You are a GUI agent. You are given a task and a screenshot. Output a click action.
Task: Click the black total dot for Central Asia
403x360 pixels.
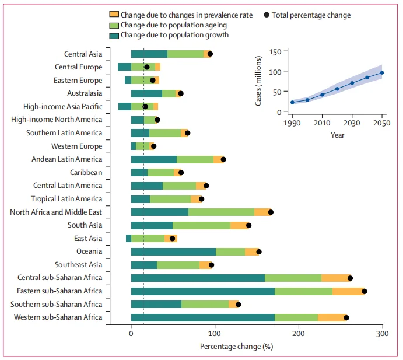(x=210, y=54)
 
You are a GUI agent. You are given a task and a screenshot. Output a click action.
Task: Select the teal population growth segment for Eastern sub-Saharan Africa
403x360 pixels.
(x=202, y=291)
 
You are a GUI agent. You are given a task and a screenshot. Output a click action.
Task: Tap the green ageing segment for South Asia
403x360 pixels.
(x=201, y=225)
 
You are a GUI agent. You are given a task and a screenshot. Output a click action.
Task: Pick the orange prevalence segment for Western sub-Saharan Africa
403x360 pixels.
(x=332, y=317)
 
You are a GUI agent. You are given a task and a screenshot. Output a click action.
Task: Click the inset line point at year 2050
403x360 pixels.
(x=382, y=73)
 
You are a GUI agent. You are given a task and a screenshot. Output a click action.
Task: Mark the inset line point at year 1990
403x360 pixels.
(x=292, y=102)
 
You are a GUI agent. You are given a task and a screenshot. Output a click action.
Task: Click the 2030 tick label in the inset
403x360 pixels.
(x=352, y=123)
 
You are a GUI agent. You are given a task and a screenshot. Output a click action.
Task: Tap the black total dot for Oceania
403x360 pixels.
(x=259, y=251)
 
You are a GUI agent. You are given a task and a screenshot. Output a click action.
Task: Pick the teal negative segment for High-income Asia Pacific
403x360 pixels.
(x=124, y=106)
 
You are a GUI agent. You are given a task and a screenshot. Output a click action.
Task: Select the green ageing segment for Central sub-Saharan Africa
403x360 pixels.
(x=293, y=278)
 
